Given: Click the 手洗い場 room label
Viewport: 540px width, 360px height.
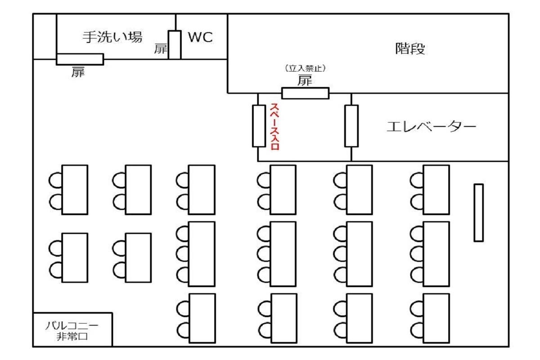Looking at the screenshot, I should click(x=112, y=37).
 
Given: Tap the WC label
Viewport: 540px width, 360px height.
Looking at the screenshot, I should click(x=200, y=37).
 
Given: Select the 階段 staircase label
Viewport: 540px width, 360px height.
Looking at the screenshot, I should click(x=409, y=49).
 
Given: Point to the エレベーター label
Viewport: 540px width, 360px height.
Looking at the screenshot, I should click(x=431, y=127).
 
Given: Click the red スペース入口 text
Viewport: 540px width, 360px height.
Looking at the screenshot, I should click(x=274, y=127).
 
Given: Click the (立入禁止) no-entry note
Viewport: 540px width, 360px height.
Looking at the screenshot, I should click(x=305, y=68).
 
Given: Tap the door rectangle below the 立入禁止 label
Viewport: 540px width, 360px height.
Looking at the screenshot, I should click(x=305, y=93).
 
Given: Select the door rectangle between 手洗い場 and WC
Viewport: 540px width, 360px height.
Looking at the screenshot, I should click(x=175, y=45).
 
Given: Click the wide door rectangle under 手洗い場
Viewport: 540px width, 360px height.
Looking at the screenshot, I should click(x=80, y=59).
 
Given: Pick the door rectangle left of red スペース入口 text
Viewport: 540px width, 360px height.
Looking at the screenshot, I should click(x=259, y=126).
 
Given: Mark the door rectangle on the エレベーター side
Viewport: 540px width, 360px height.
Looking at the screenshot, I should click(x=351, y=126).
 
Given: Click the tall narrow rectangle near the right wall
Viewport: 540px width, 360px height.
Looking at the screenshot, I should click(x=478, y=212).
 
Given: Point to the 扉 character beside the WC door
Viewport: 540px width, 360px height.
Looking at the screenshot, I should click(x=161, y=49).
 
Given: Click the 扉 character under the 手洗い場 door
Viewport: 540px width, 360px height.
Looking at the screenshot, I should click(x=78, y=72).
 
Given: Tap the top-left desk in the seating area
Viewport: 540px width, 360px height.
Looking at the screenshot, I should click(x=75, y=189).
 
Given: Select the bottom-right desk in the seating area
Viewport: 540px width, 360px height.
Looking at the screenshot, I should click(x=436, y=318).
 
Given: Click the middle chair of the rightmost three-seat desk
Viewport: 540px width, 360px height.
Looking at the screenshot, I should click(x=417, y=254).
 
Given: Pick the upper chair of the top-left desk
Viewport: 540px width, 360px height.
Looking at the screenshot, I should click(x=55, y=180).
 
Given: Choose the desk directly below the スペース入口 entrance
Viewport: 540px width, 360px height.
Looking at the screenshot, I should click(x=283, y=189).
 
